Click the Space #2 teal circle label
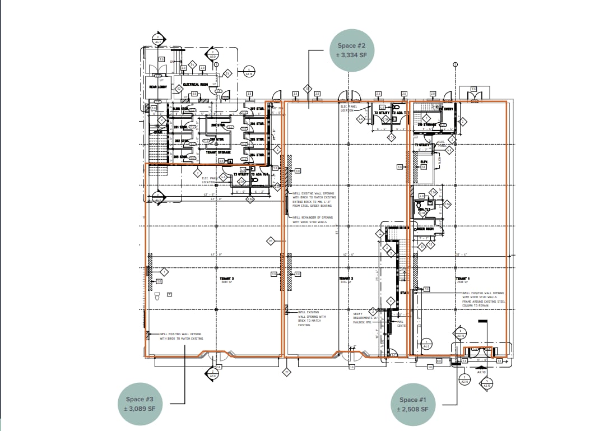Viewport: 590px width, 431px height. pyautogui.click(x=352, y=50)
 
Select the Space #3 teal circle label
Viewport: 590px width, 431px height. pyautogui.click(x=140, y=404)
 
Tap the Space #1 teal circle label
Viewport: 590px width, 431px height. pyautogui.click(x=414, y=404)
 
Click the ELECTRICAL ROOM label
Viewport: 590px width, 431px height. pyautogui.click(x=195, y=85)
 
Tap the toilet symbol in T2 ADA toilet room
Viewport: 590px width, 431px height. pyautogui.click(x=397, y=106)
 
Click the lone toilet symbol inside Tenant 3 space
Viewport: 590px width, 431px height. pyautogui.click(x=157, y=295)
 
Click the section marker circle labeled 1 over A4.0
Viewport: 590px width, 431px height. pyautogui.click(x=426, y=344)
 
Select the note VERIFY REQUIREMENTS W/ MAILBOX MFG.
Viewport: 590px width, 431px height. pyautogui.click(x=362, y=318)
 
